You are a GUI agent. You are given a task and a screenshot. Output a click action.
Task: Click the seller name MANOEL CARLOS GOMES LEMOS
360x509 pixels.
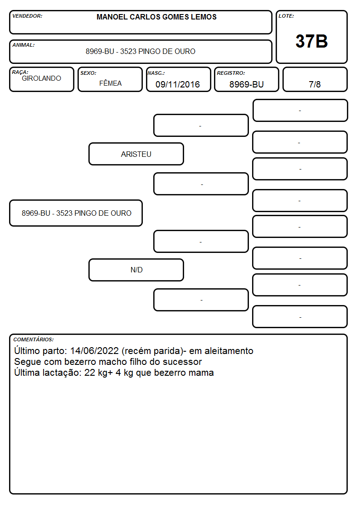pos(156,17)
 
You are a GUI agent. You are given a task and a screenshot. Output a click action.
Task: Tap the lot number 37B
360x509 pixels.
pos(311,41)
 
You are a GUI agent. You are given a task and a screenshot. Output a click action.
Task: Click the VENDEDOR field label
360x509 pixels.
pos(27,16)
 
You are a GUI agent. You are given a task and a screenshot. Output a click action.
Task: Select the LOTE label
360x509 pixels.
pos(286,16)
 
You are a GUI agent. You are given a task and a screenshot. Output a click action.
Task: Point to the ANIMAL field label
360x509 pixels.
pos(24,45)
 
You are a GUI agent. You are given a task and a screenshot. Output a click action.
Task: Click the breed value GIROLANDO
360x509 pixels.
pos(41,78)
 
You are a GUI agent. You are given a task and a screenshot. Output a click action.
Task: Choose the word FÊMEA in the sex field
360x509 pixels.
pos(110,83)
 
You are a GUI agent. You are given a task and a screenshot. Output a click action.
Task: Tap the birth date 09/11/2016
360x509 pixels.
pos(178,84)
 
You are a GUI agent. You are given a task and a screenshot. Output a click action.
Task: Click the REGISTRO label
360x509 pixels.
pos(231,73)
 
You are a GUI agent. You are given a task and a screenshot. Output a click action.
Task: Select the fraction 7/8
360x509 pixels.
pos(315,84)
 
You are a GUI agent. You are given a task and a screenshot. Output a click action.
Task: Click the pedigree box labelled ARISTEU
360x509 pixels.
pos(136,154)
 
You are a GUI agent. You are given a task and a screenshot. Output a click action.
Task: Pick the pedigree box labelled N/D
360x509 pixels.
pos(136,270)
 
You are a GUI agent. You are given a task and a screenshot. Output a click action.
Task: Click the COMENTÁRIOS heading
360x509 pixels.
pos(34,339)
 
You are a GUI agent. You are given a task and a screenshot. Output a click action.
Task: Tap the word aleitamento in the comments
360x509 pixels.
pos(229,351)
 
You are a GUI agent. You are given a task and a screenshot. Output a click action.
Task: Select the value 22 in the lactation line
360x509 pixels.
pos(90,373)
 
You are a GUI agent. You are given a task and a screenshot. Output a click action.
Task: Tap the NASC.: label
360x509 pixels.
pos(156,73)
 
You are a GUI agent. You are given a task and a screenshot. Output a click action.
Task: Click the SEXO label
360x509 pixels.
pos(88,73)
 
